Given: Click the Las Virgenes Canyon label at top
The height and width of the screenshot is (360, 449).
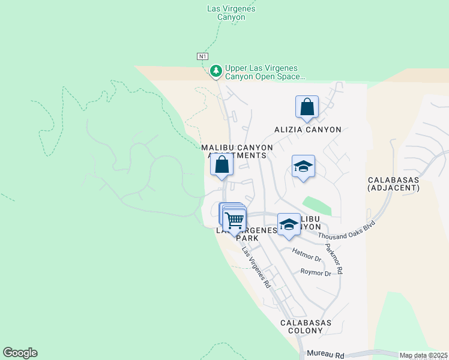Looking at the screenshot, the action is point(231,13).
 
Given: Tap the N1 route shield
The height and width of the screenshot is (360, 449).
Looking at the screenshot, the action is point(202,56).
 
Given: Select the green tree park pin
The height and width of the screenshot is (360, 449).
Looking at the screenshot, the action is point(216,71).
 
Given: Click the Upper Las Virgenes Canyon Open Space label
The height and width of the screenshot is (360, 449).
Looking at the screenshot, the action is point(265,73).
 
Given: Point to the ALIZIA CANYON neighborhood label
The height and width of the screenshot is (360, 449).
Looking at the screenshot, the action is point(307,130).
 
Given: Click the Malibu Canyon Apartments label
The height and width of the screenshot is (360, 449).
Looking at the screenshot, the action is point(237,151).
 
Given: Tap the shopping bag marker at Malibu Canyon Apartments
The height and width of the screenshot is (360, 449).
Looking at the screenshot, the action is point(221,164).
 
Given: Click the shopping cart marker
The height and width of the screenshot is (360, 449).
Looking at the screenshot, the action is point(234,220).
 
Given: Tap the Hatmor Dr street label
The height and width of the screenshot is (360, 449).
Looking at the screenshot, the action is point(306,254).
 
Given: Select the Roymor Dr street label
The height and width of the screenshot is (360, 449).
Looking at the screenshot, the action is point(315,273).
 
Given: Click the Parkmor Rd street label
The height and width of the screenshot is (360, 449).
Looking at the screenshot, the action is point(334,259).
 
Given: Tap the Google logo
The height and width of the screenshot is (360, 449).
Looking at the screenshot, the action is point(20,353).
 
